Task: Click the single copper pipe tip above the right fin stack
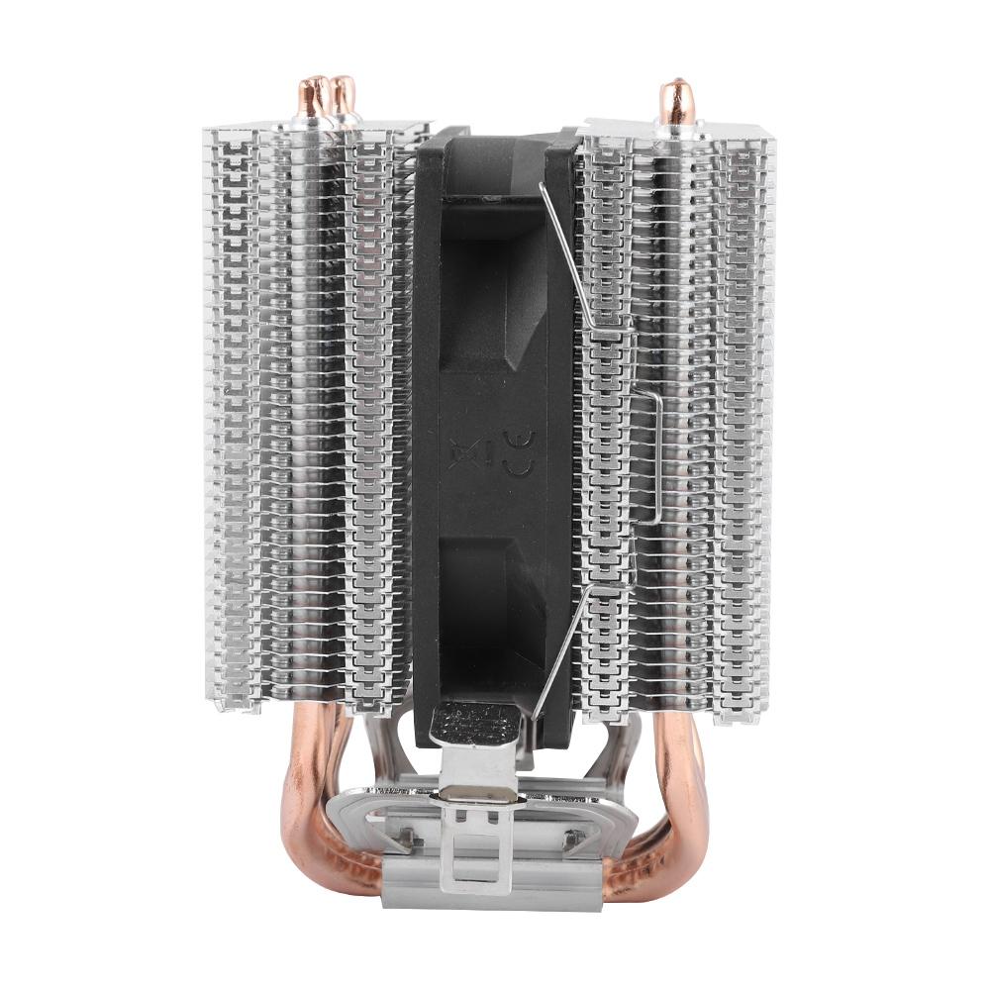click(675, 99)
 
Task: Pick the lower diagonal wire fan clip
click(584, 644)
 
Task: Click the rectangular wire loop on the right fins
click(648, 455)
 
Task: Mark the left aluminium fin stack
click(307, 416)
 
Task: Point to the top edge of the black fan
click(495, 134)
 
